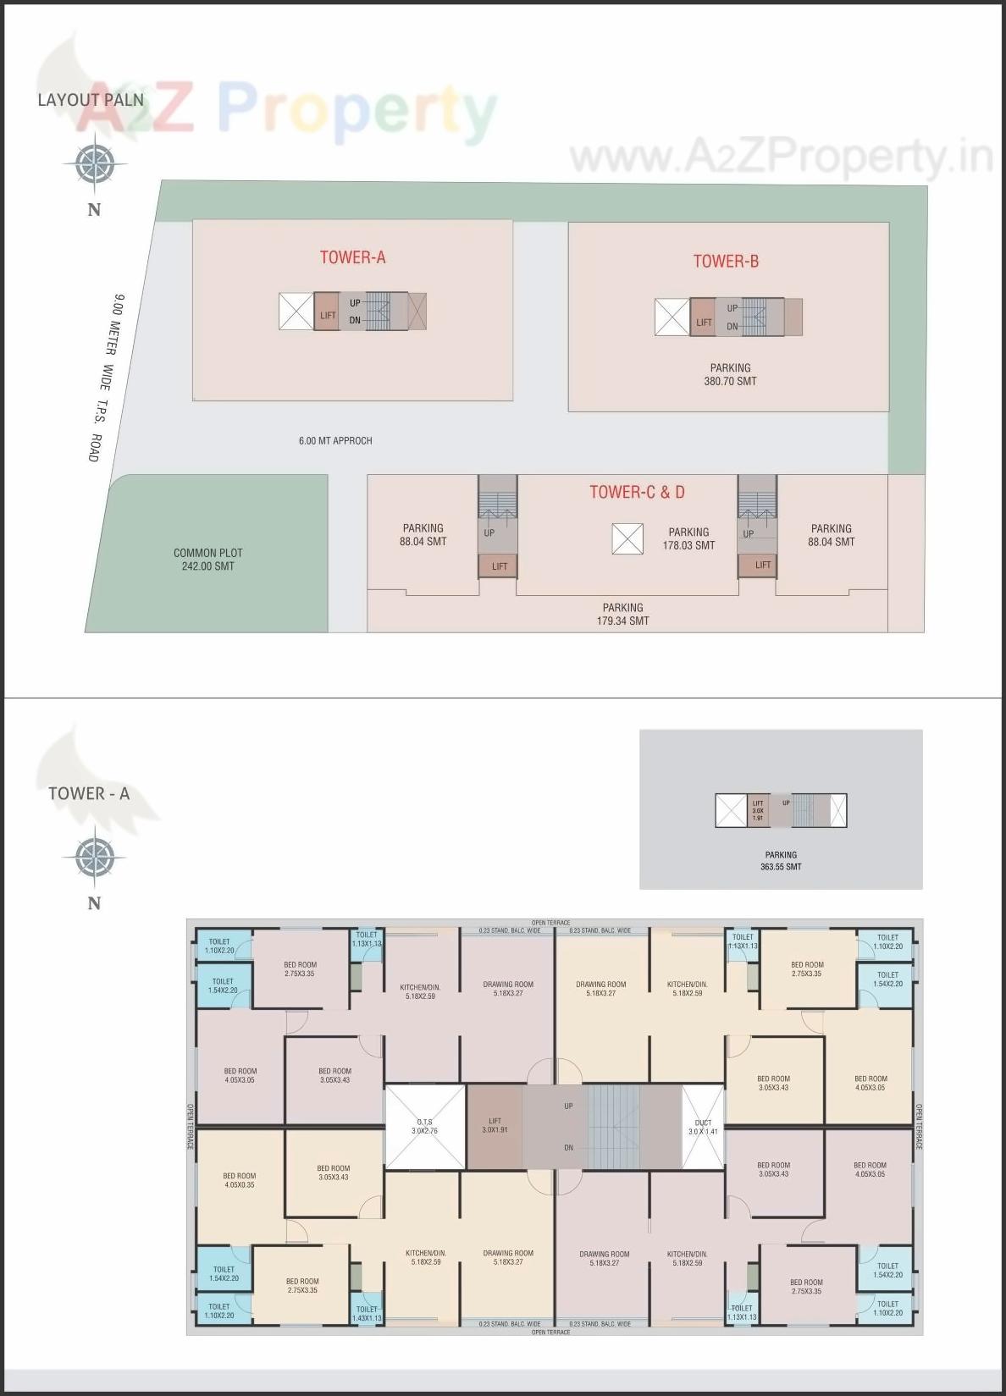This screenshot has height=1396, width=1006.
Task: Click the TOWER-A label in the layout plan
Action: coord(352,257)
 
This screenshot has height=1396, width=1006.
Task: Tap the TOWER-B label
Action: coord(726,262)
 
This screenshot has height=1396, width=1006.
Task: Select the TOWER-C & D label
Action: coord(637,492)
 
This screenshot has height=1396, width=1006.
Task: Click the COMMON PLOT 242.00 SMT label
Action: coord(207,560)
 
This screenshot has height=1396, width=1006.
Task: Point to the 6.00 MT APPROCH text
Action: coord(335,441)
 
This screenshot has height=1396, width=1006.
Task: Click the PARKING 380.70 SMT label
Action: coord(730,375)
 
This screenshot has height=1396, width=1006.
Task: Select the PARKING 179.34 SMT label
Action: coord(622,615)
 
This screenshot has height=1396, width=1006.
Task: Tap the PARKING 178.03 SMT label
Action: coord(688,539)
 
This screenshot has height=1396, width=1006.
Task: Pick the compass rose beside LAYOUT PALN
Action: coord(94,164)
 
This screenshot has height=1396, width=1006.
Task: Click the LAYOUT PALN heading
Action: coord(91,100)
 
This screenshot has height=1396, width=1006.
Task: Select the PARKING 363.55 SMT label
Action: coord(781,861)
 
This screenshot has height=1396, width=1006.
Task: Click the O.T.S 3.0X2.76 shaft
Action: coord(425,1127)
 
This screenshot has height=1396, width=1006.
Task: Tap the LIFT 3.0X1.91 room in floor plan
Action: coord(495,1126)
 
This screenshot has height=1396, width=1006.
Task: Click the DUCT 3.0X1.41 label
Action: coord(703,1127)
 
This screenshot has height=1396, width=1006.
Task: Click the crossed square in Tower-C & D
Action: coord(627,539)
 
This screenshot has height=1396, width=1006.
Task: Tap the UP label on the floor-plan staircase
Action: coord(569,1106)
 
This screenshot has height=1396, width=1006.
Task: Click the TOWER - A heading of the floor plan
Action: coord(89,794)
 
